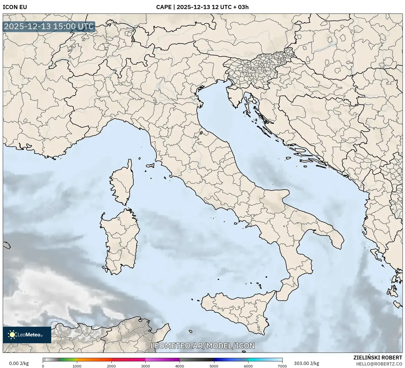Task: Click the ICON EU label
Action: tap(15, 7)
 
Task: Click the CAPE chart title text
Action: tap(202, 7)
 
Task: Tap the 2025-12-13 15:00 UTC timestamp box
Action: tap(49, 27)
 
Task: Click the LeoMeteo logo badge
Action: tap(27, 335)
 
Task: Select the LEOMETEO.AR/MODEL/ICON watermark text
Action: tap(202, 346)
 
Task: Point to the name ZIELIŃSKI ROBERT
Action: tap(377, 358)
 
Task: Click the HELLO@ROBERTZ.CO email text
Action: tap(379, 364)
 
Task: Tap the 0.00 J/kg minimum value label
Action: tap(19, 363)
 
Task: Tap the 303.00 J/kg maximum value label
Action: tap(306, 363)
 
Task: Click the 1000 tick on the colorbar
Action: tap(77, 366)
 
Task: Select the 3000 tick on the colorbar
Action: tap(145, 366)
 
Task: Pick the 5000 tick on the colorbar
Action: tap(214, 366)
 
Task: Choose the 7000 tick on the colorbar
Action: tap(282, 366)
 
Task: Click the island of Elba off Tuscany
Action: tap(150, 166)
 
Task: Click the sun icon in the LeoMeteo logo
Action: tap(12, 335)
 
